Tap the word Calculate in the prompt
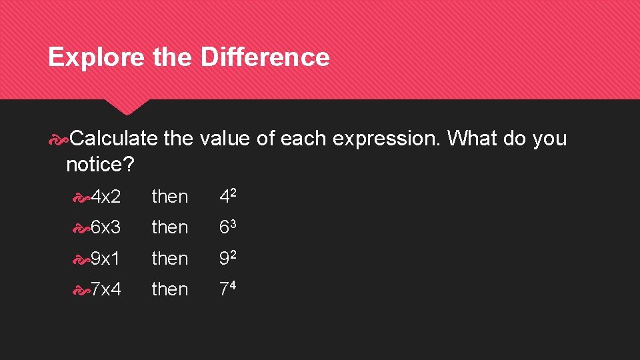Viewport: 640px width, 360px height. [113, 139]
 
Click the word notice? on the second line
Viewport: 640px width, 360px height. [100, 163]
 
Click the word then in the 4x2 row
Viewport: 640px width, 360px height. [170, 197]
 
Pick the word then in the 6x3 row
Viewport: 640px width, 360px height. [170, 227]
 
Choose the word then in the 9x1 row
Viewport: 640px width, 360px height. [170, 258]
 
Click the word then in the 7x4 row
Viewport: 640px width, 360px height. [170, 289]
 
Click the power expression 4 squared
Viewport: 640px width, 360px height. [229, 196]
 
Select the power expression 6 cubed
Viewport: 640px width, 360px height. [229, 227]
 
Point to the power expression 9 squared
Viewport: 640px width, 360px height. [229, 257]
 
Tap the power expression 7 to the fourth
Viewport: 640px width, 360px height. [229, 288]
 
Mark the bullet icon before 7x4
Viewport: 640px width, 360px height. [81, 289]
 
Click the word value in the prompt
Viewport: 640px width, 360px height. [224, 139]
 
